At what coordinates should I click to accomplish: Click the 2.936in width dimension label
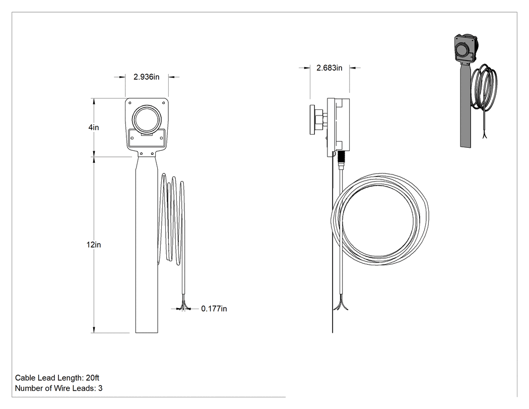point(147,77)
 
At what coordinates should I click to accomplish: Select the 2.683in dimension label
point(329,68)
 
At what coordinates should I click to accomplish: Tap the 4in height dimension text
point(94,127)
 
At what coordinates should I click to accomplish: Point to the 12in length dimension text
point(93,245)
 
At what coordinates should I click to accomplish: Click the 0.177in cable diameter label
point(214,309)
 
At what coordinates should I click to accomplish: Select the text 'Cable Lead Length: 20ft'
point(57,378)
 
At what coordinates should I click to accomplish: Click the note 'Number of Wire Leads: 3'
point(59,388)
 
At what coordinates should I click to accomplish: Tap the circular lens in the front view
point(147,119)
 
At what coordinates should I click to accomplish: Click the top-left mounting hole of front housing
point(130,103)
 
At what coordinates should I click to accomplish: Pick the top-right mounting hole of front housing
point(164,103)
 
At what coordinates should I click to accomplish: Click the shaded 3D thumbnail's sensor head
point(465,48)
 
